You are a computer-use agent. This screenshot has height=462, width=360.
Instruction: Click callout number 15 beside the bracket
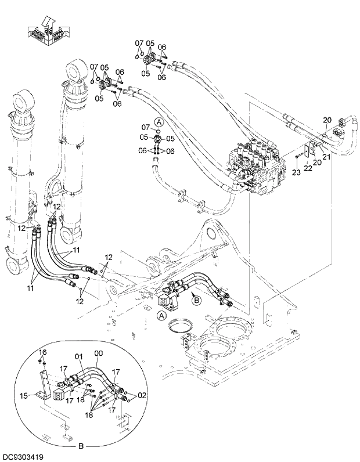23,396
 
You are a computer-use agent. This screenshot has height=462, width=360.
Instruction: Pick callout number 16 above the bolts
42,352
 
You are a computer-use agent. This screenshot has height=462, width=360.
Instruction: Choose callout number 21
326,156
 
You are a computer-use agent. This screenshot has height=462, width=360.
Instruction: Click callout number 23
296,172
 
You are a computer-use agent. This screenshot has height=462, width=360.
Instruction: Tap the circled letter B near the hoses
196,299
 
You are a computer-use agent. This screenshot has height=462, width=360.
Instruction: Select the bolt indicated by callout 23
297,156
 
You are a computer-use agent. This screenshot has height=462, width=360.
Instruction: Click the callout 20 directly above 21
327,120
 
